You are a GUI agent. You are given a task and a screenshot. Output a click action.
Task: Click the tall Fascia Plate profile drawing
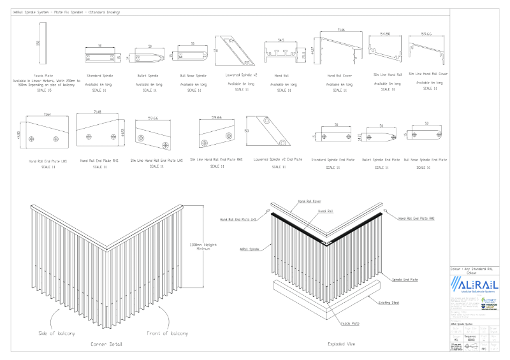(45, 43)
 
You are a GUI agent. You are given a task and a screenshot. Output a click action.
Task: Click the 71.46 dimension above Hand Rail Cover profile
(340, 30)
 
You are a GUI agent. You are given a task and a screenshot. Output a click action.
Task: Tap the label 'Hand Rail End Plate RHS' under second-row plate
(99, 161)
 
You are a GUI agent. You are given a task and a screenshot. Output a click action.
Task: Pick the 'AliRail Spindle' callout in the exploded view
(249, 249)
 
